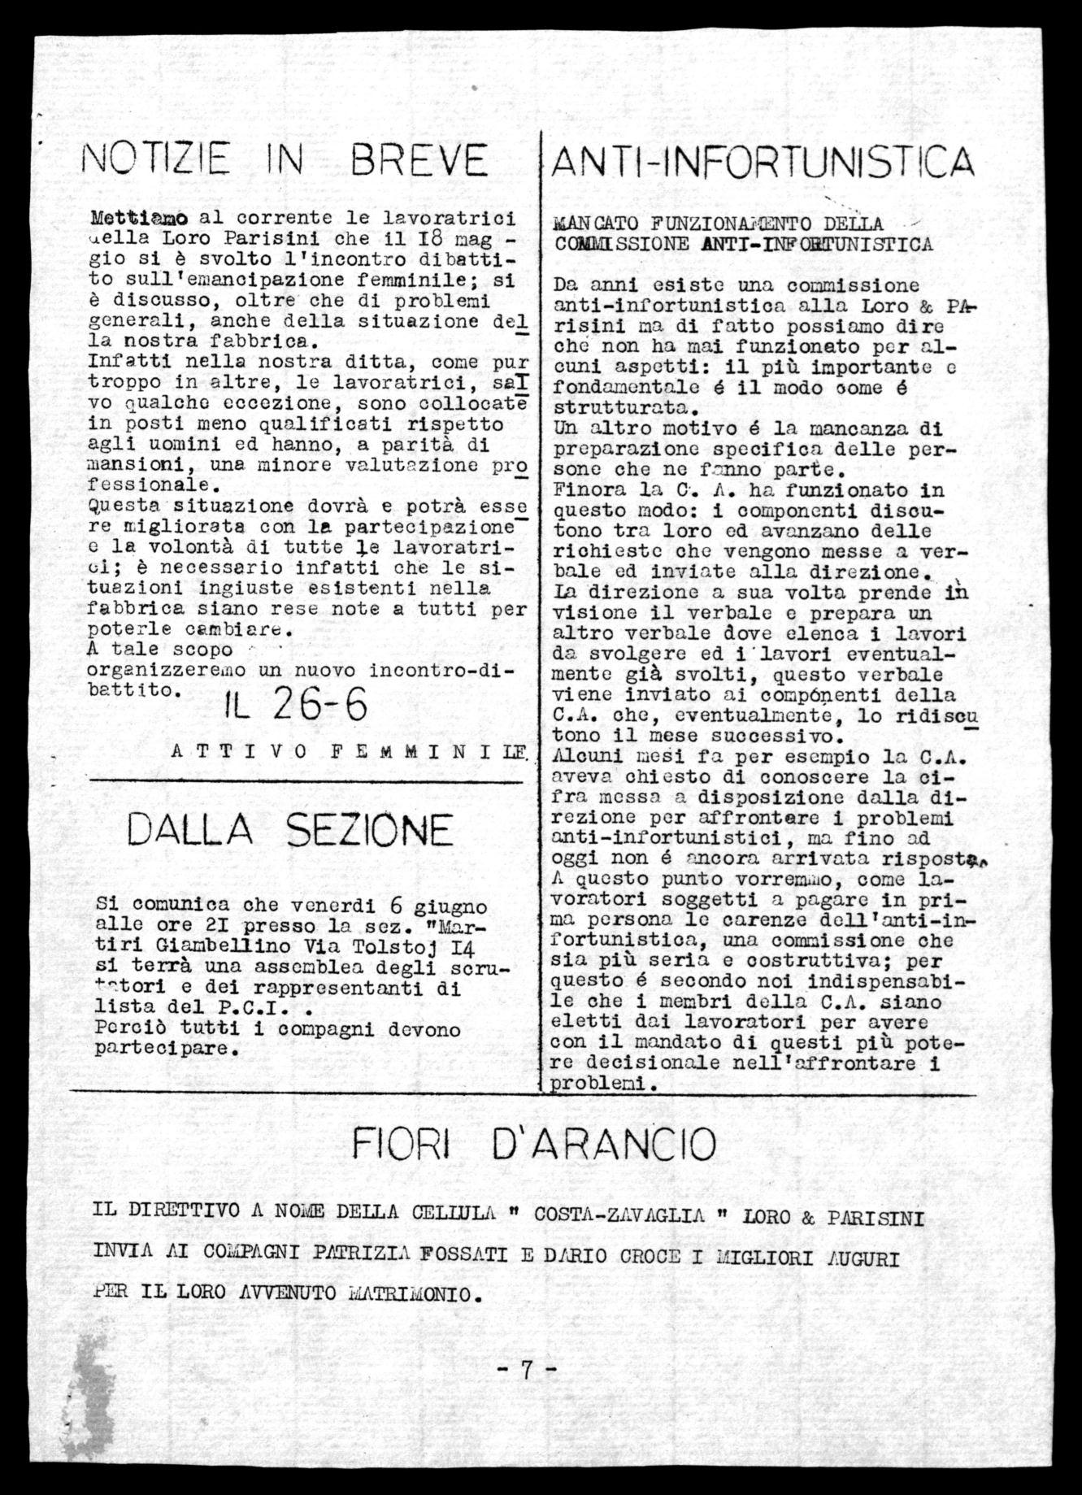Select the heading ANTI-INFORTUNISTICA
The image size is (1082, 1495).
[762, 162]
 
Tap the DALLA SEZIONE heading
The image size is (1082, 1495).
[289, 830]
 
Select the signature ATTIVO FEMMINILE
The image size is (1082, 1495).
[350, 752]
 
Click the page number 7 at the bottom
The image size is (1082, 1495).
[526, 1370]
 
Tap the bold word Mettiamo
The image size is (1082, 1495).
[141, 218]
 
